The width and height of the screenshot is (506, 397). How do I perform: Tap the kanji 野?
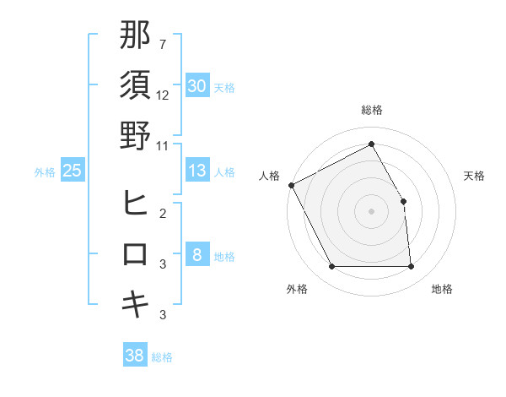click(136, 135)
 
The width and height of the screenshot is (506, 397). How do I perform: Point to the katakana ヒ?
click(136, 204)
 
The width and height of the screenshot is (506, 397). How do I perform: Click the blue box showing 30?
click(197, 85)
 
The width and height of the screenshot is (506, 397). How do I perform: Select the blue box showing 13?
click(197, 171)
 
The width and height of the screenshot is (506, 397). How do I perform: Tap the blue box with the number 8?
click(197, 256)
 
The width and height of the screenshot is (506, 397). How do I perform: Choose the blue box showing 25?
click(73, 171)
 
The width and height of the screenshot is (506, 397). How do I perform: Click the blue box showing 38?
click(135, 356)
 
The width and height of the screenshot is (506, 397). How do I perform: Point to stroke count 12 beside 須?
click(164, 95)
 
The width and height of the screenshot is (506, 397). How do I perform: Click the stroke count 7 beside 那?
click(163, 44)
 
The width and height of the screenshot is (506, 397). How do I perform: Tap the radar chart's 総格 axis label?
click(372, 110)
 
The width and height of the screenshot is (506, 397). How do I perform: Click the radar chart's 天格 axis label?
click(475, 176)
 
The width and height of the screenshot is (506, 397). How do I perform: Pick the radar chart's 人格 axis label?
click(269, 176)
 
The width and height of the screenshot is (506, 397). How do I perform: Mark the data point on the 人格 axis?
click(291, 185)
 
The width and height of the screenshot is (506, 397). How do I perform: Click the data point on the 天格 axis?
click(403, 201)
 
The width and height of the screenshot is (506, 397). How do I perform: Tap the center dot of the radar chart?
click(371, 211)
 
